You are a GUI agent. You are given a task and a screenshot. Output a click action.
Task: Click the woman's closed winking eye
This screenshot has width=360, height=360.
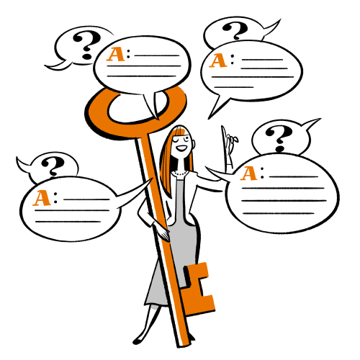tap(177, 140)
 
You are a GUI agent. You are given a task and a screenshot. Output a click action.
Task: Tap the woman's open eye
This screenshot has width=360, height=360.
tap(186, 138)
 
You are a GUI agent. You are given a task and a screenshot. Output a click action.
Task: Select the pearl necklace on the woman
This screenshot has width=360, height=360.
tap(181, 174)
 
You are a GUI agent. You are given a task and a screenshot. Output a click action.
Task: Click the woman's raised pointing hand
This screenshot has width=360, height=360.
tap(229, 146)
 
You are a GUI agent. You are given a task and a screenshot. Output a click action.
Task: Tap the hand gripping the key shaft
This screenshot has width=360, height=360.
tap(163, 232)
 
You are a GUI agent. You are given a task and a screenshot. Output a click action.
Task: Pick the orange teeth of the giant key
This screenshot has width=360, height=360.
tap(199, 288)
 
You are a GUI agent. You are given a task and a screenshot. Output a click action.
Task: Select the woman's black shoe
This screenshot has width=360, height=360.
tap(138, 341)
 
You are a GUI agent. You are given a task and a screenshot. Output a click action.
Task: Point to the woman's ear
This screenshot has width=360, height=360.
tap(194, 144)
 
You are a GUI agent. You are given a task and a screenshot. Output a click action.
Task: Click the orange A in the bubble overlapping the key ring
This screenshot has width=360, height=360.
tap(116, 54)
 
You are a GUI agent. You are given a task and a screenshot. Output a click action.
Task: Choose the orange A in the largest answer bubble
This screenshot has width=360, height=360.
tap(249, 174)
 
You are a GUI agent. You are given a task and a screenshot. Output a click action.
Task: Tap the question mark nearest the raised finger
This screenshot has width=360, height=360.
tap(279, 138)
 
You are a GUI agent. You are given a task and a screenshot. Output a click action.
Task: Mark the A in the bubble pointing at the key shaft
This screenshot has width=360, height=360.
tap(42, 198)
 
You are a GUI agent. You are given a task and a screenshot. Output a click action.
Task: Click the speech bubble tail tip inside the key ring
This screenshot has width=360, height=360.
tap(158, 120)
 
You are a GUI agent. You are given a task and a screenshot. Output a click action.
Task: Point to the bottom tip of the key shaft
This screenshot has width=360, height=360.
tap(184, 346)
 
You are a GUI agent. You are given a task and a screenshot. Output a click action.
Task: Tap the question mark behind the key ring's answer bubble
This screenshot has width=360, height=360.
tap(87, 45)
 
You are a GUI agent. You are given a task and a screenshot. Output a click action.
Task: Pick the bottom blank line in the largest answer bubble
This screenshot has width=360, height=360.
tap(279, 213)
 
